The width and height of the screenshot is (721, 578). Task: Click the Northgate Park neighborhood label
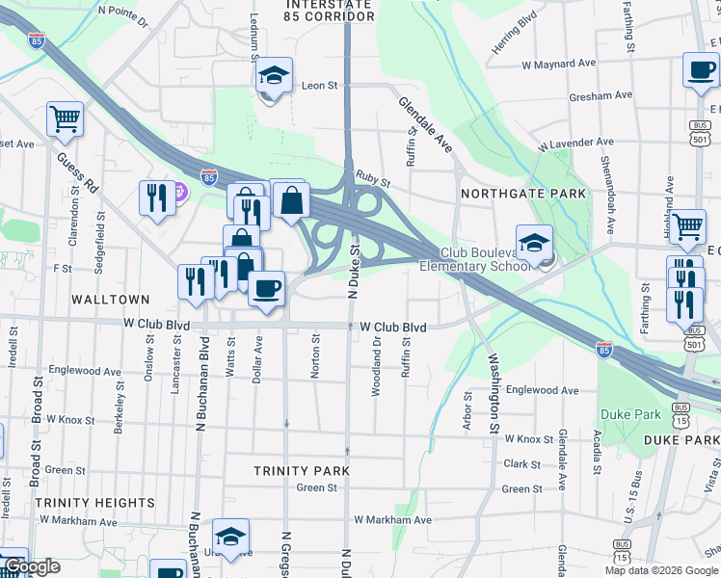click(x=523, y=194)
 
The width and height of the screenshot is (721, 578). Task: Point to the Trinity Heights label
click(x=94, y=503)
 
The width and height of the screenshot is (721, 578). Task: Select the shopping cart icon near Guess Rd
click(x=66, y=119)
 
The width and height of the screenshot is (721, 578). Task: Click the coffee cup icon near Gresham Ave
click(x=701, y=69)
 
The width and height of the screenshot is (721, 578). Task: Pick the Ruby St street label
click(x=372, y=178)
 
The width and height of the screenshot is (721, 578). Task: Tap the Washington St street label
click(x=494, y=392)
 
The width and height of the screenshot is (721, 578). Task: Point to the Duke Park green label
click(x=631, y=414)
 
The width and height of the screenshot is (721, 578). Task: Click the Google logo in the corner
click(x=32, y=566)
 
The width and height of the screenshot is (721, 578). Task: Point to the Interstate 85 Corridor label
click(x=330, y=11)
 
